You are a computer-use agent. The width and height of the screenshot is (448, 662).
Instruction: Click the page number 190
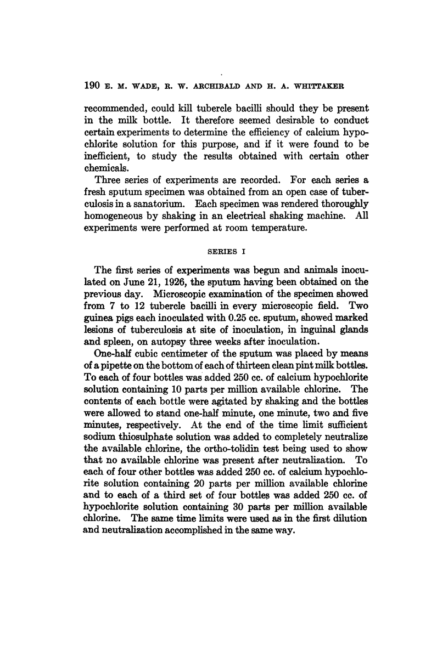pyautogui.click(x=90, y=86)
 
